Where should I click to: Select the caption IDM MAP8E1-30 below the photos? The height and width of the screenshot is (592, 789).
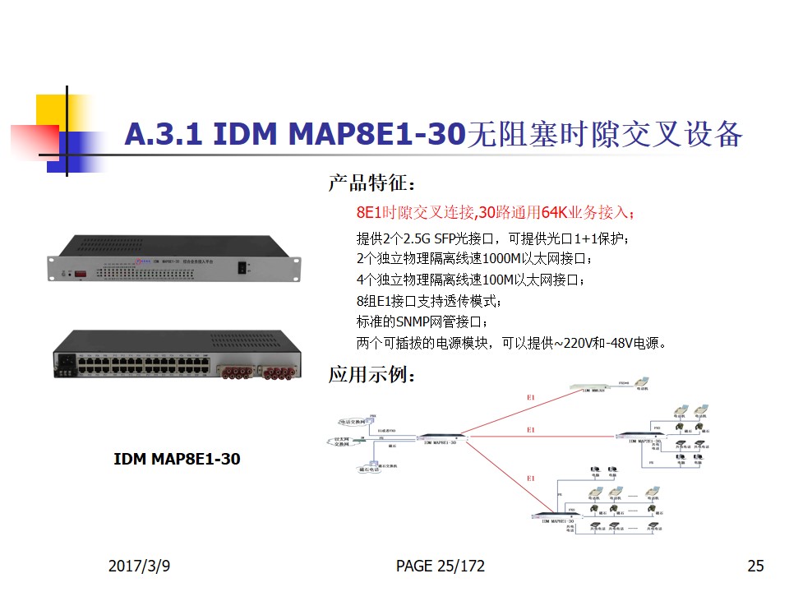point(177,459)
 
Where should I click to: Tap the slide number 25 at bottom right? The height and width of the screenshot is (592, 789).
point(755,566)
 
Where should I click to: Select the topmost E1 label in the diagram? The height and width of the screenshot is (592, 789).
point(531,398)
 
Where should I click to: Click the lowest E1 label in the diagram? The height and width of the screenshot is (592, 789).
point(531,479)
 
